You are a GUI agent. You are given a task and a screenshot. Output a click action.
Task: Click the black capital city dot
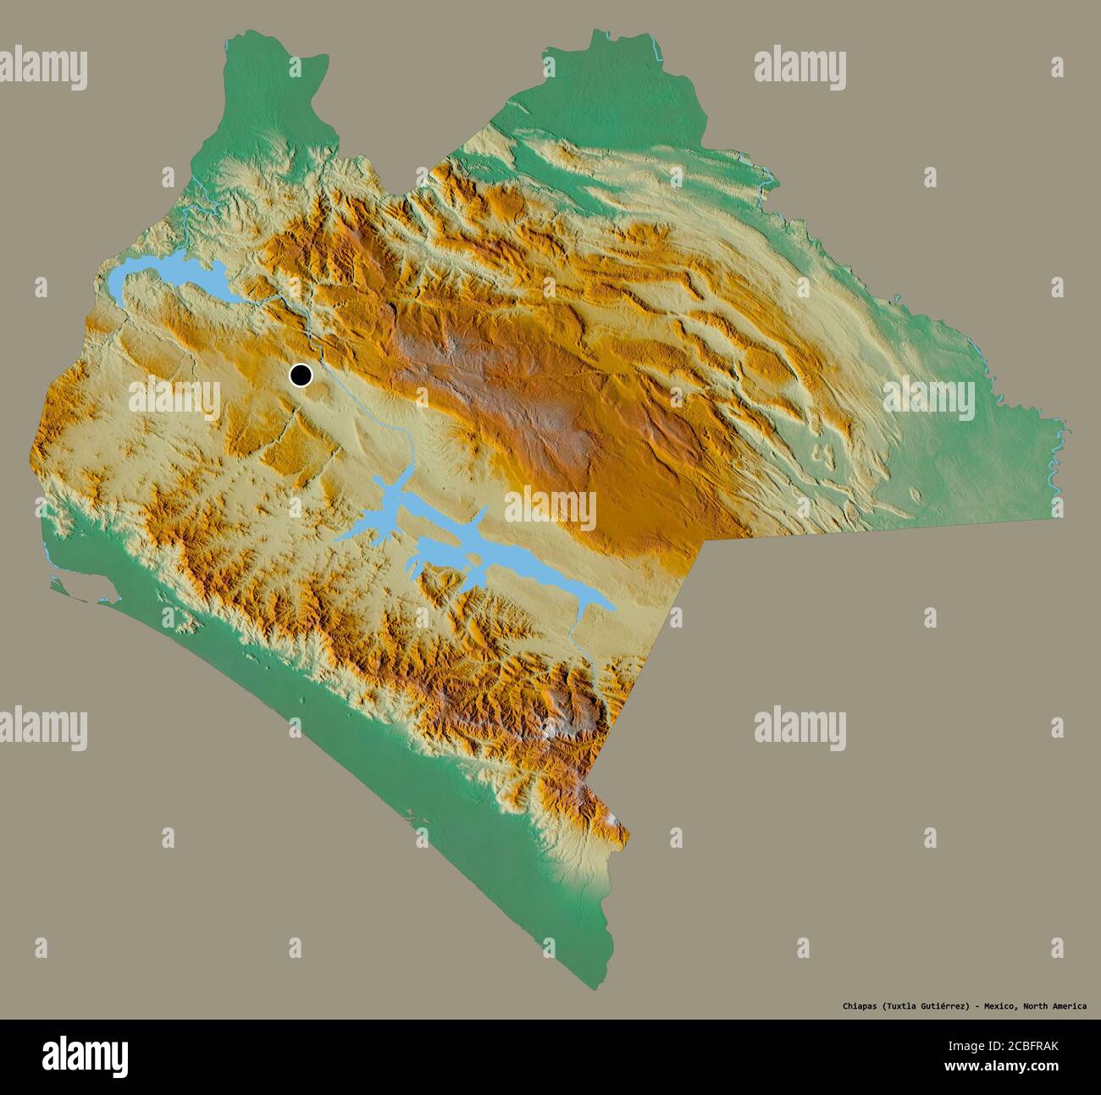(x=300, y=375)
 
